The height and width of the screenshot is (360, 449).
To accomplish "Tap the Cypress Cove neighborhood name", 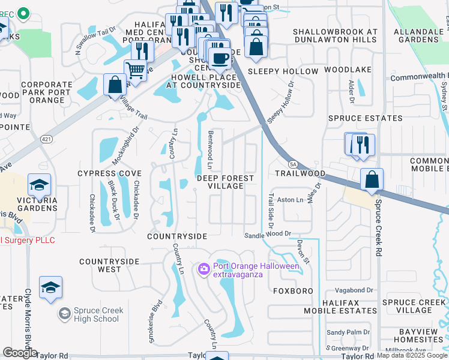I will tap(109, 173).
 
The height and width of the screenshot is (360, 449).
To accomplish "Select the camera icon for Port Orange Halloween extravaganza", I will tap(203, 269).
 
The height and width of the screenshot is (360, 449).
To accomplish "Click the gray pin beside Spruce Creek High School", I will tap(64, 313).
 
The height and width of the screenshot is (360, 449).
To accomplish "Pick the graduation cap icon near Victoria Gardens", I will tap(39, 185).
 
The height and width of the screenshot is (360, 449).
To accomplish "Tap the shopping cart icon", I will tap(136, 71).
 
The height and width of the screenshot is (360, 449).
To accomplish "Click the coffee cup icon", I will tap(220, 58).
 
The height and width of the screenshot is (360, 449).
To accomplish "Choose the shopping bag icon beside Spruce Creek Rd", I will tap(372, 179).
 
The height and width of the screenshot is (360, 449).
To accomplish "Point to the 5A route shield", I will tap(293, 163).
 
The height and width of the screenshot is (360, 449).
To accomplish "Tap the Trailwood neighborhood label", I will tap(300, 173).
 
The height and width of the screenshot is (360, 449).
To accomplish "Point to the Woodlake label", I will tap(348, 70).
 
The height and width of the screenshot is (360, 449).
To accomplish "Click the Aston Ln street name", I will tap(290, 200).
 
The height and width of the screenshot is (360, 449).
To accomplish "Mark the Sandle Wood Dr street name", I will tap(268, 235).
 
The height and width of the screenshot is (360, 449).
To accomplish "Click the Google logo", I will tap(20, 353).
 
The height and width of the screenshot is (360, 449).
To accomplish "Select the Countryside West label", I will tap(109, 266).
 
